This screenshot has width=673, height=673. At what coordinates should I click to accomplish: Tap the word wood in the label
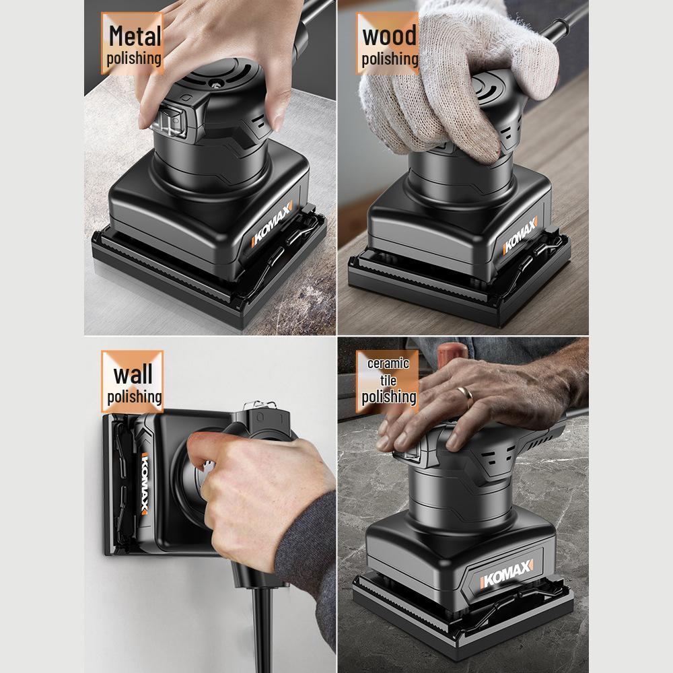[x=390, y=35]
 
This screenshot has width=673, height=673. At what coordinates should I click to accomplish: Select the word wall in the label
[x=133, y=374]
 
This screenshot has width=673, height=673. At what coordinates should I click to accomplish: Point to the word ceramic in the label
[x=388, y=364]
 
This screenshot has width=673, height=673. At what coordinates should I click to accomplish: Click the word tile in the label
[x=388, y=380]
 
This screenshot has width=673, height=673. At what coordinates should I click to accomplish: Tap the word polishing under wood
[x=390, y=59]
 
